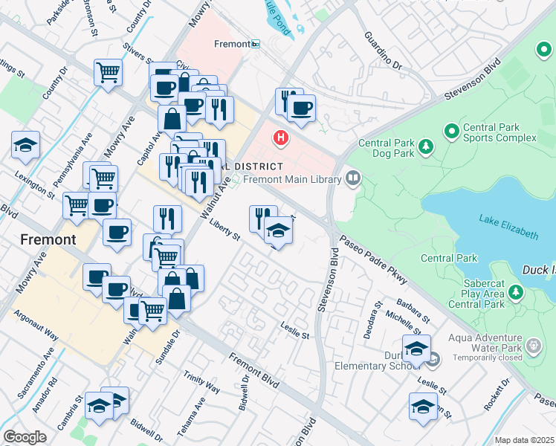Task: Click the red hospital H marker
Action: pos(281,138)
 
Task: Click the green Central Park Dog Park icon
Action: pos(425,146)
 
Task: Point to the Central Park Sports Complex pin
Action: pos(450,132)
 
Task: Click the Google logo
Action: pos(25,437)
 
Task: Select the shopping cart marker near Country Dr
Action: pos(108,73)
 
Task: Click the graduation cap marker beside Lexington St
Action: pos(26,145)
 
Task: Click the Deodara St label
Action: pos(372,320)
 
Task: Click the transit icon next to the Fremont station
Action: pos(256,45)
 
